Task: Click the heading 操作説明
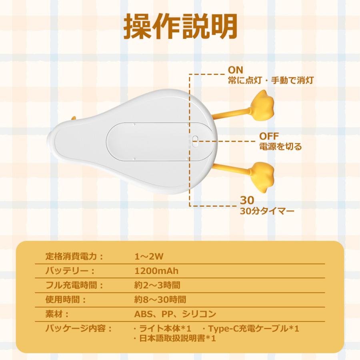(x=180, y=27)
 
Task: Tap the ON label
(x=235, y=70)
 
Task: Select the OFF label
(x=269, y=136)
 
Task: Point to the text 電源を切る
(x=280, y=147)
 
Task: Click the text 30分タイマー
(x=267, y=210)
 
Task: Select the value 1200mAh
(x=156, y=271)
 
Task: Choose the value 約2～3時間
(x=157, y=285)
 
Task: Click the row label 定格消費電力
(x=74, y=256)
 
